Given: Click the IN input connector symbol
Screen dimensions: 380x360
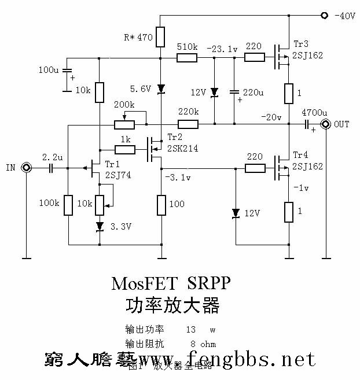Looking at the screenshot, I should (x=26, y=168).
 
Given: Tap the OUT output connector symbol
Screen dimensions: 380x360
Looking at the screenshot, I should (x=326, y=124).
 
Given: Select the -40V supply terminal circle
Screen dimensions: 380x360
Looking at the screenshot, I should (x=324, y=16).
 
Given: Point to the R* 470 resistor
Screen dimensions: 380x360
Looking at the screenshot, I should (x=161, y=36).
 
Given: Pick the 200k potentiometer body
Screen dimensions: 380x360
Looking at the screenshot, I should (x=124, y=124).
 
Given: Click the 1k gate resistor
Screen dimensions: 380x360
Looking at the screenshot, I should (x=124, y=150).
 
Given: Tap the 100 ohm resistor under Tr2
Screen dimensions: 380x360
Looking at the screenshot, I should (x=161, y=204).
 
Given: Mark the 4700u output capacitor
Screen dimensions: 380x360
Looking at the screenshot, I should (x=306, y=124).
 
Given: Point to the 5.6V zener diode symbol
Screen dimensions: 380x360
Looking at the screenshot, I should (x=161, y=88).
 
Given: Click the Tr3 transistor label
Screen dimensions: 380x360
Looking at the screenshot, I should (x=301, y=45).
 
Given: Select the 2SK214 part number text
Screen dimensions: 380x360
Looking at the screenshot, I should (x=182, y=148).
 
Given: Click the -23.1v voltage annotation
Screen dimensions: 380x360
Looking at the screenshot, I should (x=222, y=50).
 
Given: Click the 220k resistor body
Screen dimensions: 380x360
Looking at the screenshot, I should (x=188, y=124).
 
